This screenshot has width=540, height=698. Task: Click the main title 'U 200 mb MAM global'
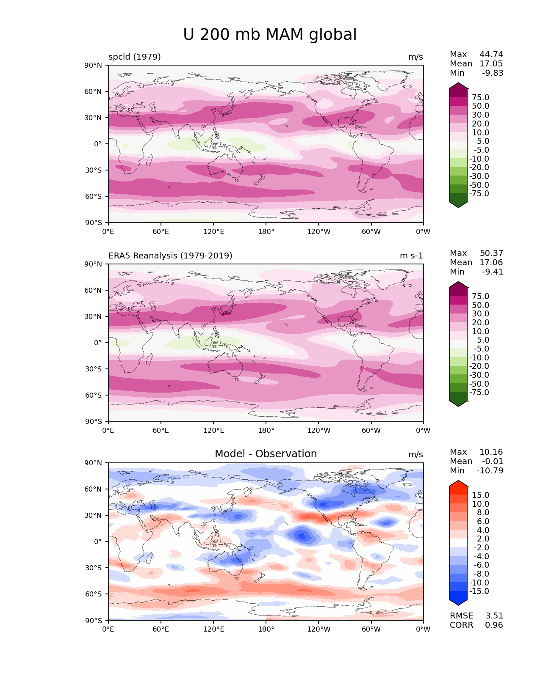270,35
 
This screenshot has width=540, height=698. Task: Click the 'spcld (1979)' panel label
135,57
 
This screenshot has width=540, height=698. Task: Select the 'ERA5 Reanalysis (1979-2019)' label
170,256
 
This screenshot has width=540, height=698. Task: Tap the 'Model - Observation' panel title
266,454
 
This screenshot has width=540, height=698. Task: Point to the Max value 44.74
491,54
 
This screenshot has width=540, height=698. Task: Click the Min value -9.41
493,272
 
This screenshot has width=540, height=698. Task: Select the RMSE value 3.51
494,616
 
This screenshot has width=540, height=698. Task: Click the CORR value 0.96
494,625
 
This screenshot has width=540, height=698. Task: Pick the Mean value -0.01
493,461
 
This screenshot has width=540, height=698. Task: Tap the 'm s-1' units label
411,256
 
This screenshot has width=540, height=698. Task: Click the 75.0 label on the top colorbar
480,97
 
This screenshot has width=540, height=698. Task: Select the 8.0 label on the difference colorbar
480,512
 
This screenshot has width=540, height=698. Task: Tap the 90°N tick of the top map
94,65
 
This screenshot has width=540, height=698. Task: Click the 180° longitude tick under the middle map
266,430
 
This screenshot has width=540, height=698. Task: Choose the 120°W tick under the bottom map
319,629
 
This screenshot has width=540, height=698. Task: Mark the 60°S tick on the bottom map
94,594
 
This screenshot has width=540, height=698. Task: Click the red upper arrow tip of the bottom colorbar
458,484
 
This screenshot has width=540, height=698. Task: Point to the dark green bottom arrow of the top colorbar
458,204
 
